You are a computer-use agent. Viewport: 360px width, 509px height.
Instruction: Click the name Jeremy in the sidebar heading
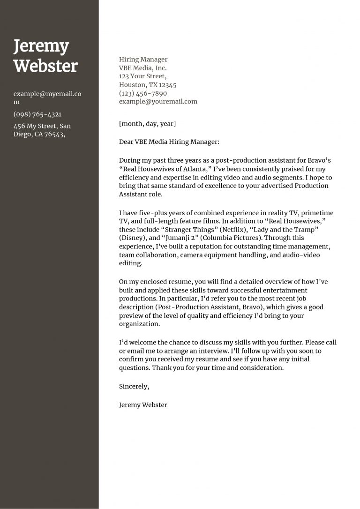[x=41, y=47]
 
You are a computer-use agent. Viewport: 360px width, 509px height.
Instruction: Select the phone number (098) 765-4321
[x=37, y=114]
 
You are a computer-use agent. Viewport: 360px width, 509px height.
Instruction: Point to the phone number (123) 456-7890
[x=143, y=93]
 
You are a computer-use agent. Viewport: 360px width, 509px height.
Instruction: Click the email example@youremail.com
[x=158, y=101]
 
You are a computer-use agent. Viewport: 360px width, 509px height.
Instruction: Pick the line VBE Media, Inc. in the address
[x=142, y=68]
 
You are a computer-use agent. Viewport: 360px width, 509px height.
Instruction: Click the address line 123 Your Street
[x=142, y=76]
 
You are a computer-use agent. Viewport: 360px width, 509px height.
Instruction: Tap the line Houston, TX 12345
[x=148, y=85]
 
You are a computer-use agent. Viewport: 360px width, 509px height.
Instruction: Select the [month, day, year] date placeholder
[x=148, y=124]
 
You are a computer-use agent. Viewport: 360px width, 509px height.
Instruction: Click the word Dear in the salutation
[x=126, y=142]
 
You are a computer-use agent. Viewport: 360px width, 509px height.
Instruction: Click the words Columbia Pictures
[x=230, y=238]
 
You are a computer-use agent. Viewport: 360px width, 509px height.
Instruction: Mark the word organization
[x=139, y=324]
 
